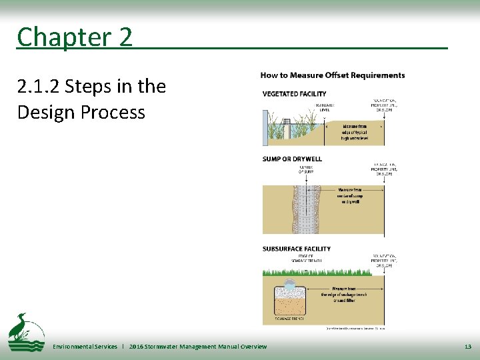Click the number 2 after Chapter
point(126,37)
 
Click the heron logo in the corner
point(25,331)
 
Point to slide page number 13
point(467,347)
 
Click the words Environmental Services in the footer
point(85,347)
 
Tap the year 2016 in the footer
point(137,347)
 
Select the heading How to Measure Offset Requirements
point(332,75)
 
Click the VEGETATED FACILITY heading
point(294,94)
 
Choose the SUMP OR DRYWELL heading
point(292,159)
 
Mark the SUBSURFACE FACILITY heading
point(296,249)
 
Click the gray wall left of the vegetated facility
point(266,127)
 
